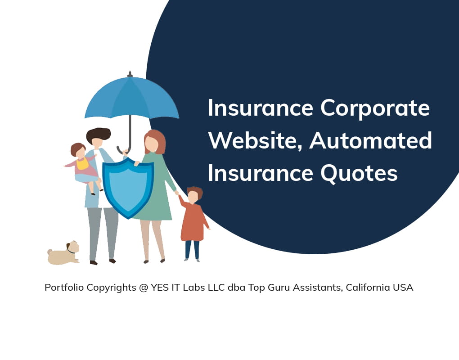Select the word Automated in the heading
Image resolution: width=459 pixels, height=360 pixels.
click(371, 140)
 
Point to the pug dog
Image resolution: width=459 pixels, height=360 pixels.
click(64, 253)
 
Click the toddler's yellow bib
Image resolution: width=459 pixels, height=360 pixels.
click(82, 164)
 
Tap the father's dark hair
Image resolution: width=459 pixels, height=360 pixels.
click(99, 135)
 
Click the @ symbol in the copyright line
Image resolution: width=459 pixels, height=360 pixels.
click(144, 288)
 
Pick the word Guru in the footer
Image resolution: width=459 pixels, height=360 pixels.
click(279, 288)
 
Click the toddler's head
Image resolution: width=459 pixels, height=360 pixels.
click(78, 150)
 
